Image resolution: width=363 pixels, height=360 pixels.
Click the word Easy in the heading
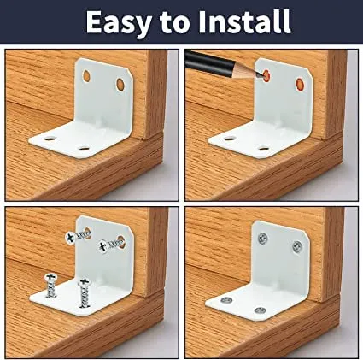point(119,22)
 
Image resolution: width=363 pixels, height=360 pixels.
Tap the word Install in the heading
point(244,21)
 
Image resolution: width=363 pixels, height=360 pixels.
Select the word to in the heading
point(175,23)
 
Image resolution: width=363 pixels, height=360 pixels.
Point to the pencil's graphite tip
point(261,76)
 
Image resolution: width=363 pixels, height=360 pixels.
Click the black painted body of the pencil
point(209,62)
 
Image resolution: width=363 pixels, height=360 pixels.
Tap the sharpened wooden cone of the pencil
point(246,71)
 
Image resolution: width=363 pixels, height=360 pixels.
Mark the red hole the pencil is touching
point(266,76)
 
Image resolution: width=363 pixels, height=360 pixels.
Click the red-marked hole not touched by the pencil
point(300,83)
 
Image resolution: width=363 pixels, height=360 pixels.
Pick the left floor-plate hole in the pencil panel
point(230,139)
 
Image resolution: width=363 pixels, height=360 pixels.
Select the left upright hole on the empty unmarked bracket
point(86,76)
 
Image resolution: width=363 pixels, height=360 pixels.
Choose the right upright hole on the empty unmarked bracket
point(120,84)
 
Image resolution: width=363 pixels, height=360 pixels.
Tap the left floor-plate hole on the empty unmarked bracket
point(50,139)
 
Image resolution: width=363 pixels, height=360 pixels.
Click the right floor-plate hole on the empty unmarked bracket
point(84,149)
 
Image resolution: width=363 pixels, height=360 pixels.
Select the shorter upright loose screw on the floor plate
point(50,286)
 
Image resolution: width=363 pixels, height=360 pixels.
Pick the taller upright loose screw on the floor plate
point(84,292)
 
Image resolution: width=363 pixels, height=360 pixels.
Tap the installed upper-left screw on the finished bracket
point(262,238)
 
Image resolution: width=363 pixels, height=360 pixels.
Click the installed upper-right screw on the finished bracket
point(297,246)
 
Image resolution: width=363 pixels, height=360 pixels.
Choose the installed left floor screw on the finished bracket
point(226,300)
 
